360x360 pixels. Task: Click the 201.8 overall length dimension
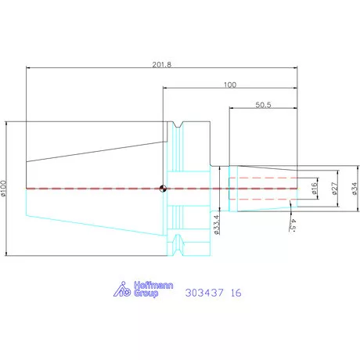(x=162, y=64)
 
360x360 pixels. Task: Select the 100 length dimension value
(x=230, y=85)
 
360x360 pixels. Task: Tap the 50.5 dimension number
(x=263, y=105)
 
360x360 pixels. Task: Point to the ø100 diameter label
(x=3, y=188)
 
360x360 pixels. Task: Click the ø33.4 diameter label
(x=217, y=225)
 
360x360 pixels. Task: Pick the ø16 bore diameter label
(x=314, y=188)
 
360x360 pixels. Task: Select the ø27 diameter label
(x=335, y=188)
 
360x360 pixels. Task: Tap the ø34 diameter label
(x=355, y=189)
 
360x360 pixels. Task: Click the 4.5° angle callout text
(x=293, y=225)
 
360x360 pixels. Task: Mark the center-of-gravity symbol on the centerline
(x=163, y=189)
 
